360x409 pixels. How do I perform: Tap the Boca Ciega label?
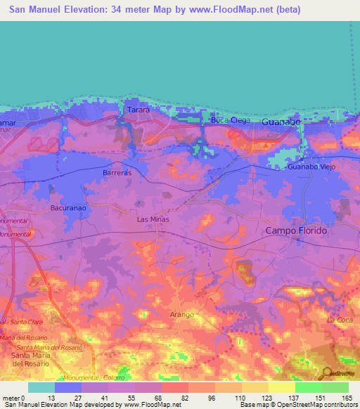point(226,120)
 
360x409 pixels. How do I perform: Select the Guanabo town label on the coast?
point(281,122)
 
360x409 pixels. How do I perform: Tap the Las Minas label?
point(152,219)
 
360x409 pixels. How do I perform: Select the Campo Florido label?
point(296,231)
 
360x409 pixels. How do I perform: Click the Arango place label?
point(181,314)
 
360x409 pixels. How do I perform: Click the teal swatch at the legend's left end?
point(41,387)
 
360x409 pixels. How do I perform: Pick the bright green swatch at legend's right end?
point(335,387)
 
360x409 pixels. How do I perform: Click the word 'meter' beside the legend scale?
point(11,397)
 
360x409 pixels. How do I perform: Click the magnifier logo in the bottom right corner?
point(327,373)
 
